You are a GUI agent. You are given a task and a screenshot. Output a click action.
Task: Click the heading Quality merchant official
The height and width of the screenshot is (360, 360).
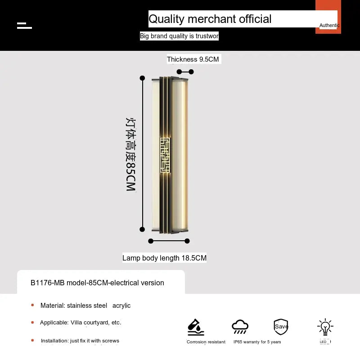[210, 19]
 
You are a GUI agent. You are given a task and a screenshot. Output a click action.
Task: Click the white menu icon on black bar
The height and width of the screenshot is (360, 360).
[24, 25]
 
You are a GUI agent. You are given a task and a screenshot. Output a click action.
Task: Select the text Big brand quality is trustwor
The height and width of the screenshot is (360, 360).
[179, 36]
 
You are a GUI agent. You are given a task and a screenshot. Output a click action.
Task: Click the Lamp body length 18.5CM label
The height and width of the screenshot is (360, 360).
[164, 258]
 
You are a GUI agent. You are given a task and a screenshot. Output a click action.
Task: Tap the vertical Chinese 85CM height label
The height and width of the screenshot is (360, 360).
[130, 154]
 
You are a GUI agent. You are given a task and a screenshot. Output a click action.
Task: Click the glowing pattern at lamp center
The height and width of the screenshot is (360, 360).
[165, 155]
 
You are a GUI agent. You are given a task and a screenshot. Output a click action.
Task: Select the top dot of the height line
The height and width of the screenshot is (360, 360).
[142, 78]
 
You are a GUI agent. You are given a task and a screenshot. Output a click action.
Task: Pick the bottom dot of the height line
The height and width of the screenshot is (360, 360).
[142, 229]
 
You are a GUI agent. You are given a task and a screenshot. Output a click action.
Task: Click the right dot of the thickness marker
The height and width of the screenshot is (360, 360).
[191, 72]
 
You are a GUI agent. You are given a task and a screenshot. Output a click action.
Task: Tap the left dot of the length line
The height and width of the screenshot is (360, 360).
[151, 241]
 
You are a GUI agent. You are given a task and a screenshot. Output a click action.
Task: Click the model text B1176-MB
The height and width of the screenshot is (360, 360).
[97, 283]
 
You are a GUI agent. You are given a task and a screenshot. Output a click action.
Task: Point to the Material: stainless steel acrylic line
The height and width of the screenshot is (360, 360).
[85, 306]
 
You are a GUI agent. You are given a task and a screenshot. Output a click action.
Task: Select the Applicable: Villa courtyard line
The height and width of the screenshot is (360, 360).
[81, 323]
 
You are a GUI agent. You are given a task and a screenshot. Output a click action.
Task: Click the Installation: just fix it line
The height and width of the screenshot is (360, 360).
[80, 341]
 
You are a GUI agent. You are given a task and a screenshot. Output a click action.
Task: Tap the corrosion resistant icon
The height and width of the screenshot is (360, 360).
[196, 327]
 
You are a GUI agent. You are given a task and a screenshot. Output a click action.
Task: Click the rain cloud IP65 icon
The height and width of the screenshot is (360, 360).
[240, 327]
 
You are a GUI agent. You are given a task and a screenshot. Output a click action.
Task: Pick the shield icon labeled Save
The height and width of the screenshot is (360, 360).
[281, 327]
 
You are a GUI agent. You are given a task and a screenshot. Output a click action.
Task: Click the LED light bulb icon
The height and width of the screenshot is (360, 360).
[325, 328]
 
